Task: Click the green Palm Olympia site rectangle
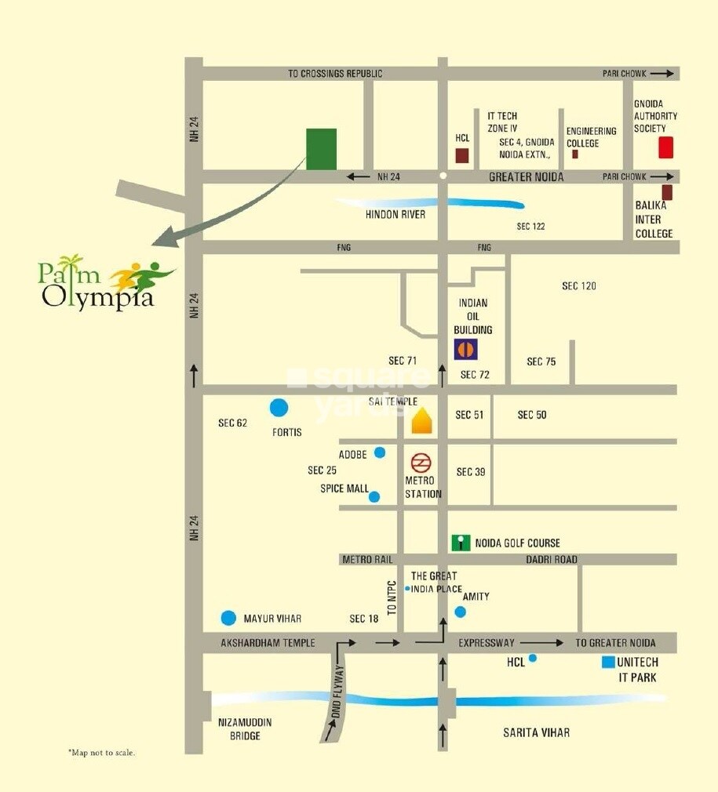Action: [321, 148]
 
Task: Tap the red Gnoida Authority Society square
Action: [665, 147]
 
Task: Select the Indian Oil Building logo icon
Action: [465, 349]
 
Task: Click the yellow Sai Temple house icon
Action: [422, 421]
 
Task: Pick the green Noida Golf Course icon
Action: [461, 543]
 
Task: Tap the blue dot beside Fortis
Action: [279, 408]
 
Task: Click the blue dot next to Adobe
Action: [380, 452]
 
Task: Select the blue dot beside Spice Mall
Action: [374, 496]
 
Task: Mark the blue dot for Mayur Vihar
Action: [228, 618]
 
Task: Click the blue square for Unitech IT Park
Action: [607, 663]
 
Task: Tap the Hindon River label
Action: [395, 214]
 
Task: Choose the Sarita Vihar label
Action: [536, 732]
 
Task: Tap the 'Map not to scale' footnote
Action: [102, 753]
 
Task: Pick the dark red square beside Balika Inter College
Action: [667, 192]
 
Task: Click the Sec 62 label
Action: [233, 423]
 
